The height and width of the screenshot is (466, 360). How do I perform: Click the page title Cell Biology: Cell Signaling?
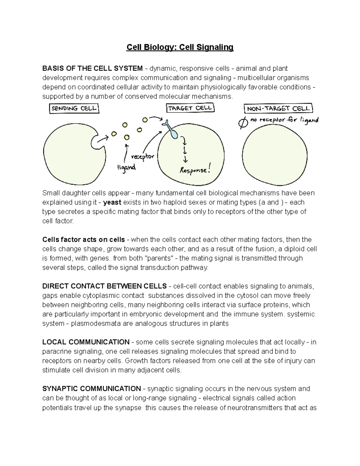pos(180,47)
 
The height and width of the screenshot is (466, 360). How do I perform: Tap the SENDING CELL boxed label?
pos(74,109)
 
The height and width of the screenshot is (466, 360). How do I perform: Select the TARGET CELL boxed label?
pos(190,108)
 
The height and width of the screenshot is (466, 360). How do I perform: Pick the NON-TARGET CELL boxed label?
pos(279,109)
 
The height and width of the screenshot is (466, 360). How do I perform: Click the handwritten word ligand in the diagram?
pos(126,167)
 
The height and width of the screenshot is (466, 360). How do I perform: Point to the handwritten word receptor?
pos(143,157)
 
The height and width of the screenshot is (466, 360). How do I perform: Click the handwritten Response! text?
pos(193,170)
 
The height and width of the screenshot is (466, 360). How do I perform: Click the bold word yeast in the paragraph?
pos(112,202)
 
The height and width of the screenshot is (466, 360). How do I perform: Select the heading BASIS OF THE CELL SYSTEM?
pos(92,68)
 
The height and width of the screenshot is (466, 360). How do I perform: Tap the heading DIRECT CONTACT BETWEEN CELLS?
pos(104,286)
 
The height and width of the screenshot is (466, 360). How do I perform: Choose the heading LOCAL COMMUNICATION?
pos(86,342)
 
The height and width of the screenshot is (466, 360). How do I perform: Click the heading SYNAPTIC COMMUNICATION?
pos(91,389)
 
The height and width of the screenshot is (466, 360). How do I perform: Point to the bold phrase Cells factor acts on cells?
pos(83,240)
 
